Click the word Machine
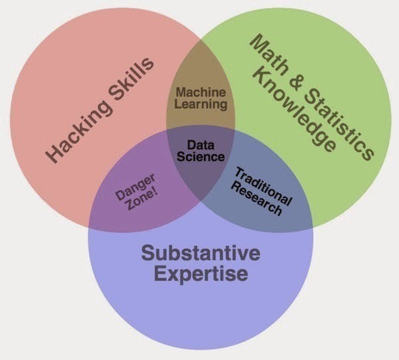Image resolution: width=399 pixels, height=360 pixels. (200, 93)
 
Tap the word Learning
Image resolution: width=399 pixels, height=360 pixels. (201, 104)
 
